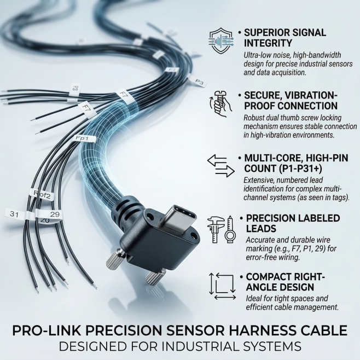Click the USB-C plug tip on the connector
click(x=178, y=217)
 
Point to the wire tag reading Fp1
click(x=84, y=138)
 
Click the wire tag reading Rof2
click(x=42, y=195)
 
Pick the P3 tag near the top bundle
click(x=198, y=82)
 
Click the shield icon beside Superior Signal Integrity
click(x=221, y=41)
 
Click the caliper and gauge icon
click(x=221, y=229)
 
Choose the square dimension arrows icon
click(x=222, y=286)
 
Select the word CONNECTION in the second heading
click(x=307, y=106)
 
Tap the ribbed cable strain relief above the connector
click(x=126, y=207)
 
